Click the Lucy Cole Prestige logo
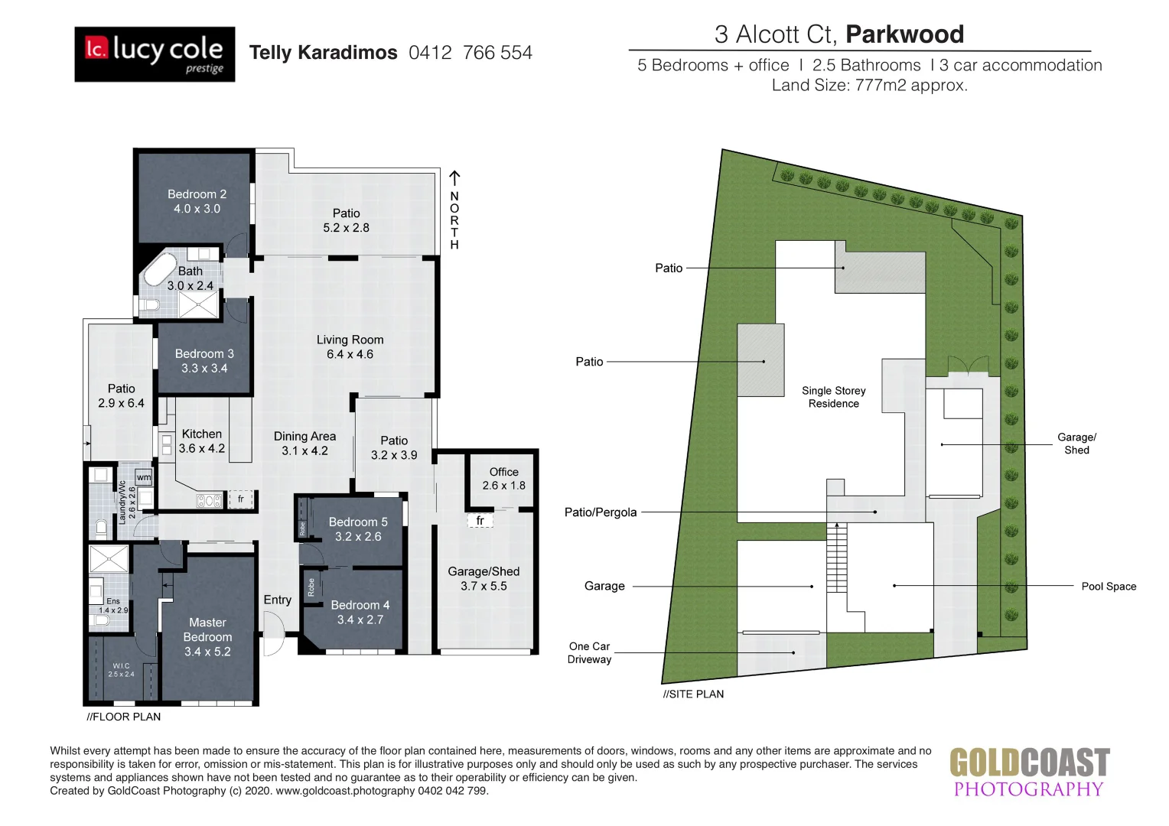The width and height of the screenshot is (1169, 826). click(155, 54)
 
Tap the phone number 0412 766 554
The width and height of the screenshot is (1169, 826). click(470, 53)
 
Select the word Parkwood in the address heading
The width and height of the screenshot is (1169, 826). click(904, 34)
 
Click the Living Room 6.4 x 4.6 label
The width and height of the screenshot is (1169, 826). click(350, 347)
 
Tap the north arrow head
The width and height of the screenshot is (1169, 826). click(454, 177)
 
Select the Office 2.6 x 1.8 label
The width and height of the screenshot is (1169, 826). click(503, 479)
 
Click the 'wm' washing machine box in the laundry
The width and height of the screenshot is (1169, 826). click(144, 477)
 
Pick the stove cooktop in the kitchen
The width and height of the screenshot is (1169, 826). click(210, 501)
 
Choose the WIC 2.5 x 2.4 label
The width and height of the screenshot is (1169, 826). click(121, 670)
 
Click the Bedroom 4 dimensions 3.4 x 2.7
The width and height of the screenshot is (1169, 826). click(360, 619)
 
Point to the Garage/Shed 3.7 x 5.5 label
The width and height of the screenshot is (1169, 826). click(484, 579)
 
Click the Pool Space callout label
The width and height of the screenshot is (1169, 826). click(1108, 587)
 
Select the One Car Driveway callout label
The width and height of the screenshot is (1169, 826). click(589, 653)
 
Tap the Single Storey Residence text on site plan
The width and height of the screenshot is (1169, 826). click(833, 397)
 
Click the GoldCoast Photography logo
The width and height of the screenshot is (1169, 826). click(1028, 773)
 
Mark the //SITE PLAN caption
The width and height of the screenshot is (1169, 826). click(693, 694)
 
